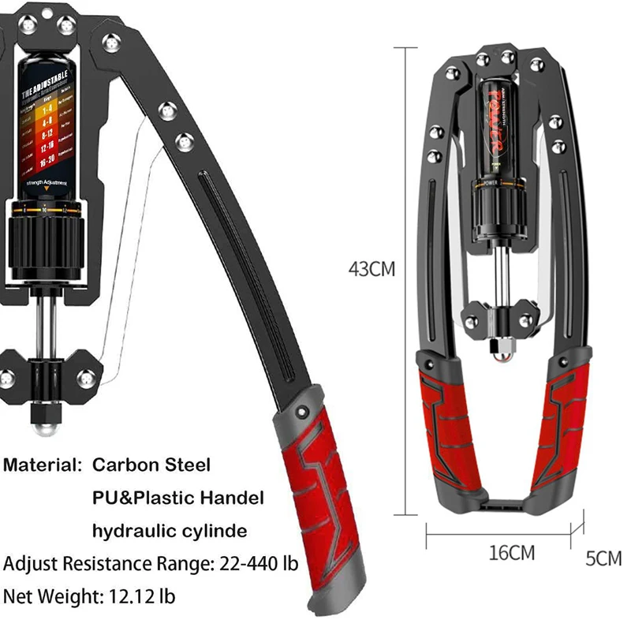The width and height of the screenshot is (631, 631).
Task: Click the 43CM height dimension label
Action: point(372,269)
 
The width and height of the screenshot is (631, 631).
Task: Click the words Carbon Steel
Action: point(151,465)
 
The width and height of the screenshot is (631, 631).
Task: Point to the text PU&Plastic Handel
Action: point(177,498)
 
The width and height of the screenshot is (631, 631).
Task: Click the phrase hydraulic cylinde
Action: point(170,531)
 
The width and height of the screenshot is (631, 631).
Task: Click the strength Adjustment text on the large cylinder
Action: point(45,183)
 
